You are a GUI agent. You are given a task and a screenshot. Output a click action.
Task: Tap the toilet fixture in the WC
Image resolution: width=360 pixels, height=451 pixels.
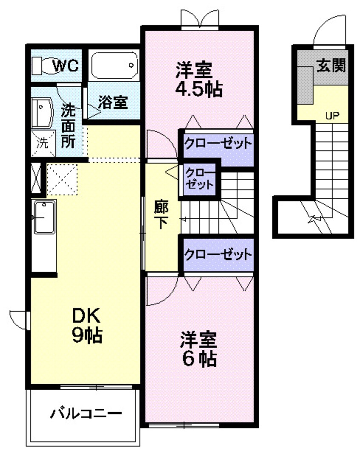point(41,66)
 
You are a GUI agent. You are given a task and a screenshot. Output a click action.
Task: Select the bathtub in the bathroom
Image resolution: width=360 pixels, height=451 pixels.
point(114,66)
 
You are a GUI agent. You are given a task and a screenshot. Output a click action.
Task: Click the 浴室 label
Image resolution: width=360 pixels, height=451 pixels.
point(113,103)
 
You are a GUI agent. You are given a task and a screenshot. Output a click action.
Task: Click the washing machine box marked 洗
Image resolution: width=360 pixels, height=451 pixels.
point(43,143)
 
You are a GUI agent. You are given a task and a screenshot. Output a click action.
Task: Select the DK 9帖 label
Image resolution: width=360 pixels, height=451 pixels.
point(87,325)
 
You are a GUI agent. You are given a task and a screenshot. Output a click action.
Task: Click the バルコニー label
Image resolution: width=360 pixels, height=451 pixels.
point(87,413)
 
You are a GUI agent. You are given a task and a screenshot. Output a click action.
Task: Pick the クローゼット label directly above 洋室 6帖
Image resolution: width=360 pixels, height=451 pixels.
point(217,255)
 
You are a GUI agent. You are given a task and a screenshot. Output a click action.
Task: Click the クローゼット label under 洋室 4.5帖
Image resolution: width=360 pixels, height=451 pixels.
point(217,143)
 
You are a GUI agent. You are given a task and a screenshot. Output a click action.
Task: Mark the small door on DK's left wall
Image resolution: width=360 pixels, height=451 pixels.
point(18,317)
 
